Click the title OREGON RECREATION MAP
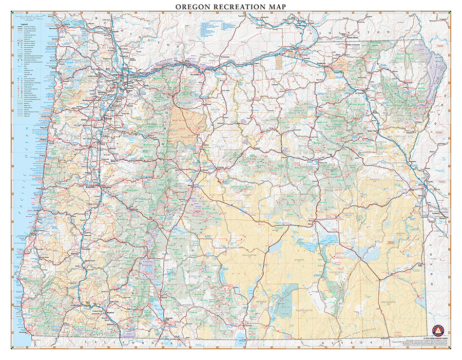[231, 6]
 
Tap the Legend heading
[24, 22]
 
